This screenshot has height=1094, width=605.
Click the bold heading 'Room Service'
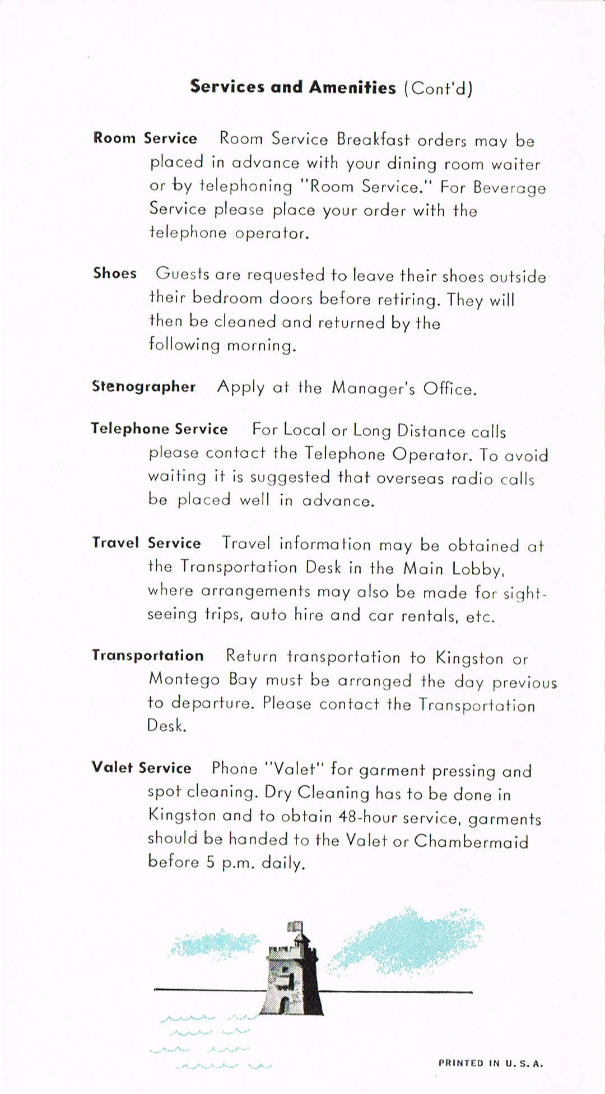pos(145,138)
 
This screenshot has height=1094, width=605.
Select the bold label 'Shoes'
pos(115,273)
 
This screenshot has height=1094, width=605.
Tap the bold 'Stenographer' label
pos(144,387)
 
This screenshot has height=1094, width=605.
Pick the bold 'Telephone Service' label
pos(159,429)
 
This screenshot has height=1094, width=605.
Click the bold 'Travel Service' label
pos(146,543)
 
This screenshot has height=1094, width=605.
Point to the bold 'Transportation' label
pos(147,656)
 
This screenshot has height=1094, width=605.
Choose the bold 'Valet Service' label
pos(141,768)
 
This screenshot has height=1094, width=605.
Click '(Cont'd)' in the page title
pos(438,89)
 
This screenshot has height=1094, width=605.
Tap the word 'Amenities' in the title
pos(352,87)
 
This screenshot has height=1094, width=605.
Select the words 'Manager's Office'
pos(404,388)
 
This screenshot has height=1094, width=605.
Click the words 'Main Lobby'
pos(454,569)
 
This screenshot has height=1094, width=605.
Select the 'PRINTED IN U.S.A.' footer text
pos(491,1063)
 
